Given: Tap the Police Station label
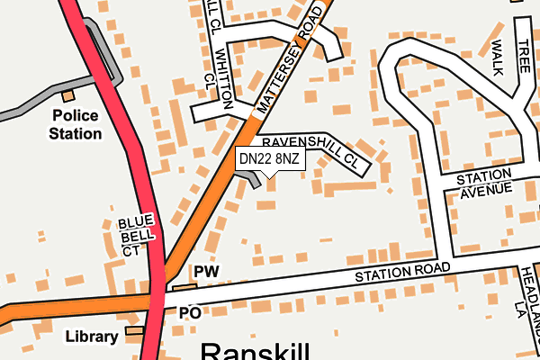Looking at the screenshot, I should click(x=76, y=125).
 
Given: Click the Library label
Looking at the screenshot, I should click(x=91, y=337).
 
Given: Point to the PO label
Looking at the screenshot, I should click(x=189, y=313).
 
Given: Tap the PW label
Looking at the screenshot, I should click(x=206, y=271).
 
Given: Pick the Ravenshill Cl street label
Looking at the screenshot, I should click(x=315, y=154).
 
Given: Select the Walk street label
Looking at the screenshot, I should click(x=494, y=54).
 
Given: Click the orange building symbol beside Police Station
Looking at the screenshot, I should click(x=67, y=95).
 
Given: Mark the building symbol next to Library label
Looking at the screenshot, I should click(x=134, y=331).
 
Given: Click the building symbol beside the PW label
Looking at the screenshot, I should click(x=184, y=287).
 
